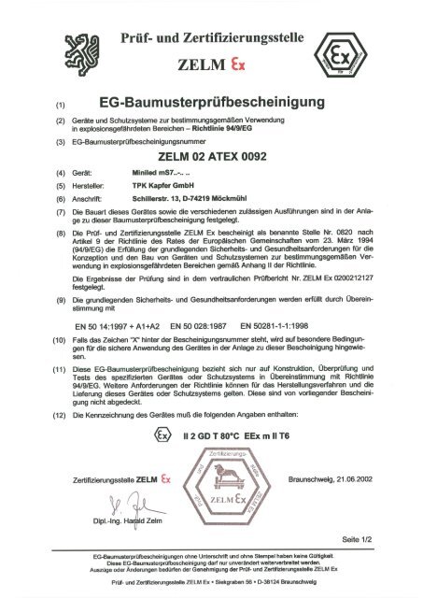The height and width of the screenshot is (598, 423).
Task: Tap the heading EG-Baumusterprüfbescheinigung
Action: pos(204,100)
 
